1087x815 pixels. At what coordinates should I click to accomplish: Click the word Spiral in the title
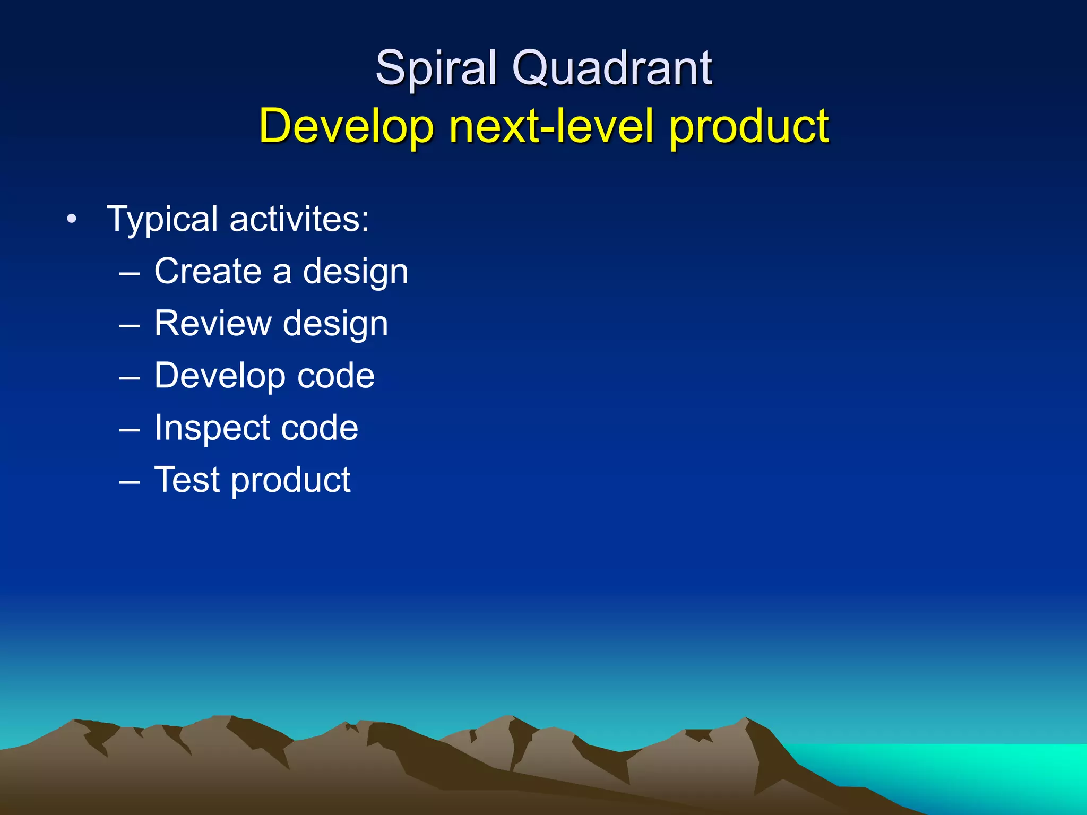[x=435, y=69]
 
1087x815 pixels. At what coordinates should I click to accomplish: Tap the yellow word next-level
[x=551, y=126]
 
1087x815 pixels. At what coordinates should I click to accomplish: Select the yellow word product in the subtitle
[x=748, y=127]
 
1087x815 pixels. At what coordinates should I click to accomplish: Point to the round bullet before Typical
[x=72, y=219]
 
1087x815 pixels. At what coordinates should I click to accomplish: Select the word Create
[x=208, y=271]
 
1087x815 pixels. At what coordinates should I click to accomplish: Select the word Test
[x=187, y=480]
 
